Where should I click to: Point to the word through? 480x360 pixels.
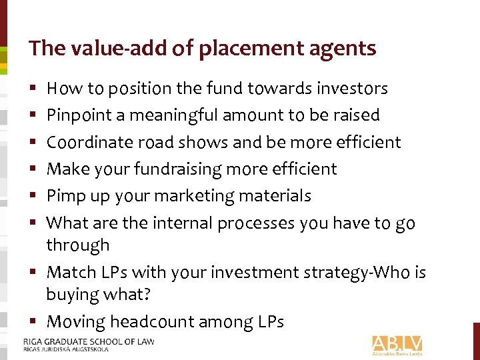coord(77,245)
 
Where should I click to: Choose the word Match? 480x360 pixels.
coord(67,272)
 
